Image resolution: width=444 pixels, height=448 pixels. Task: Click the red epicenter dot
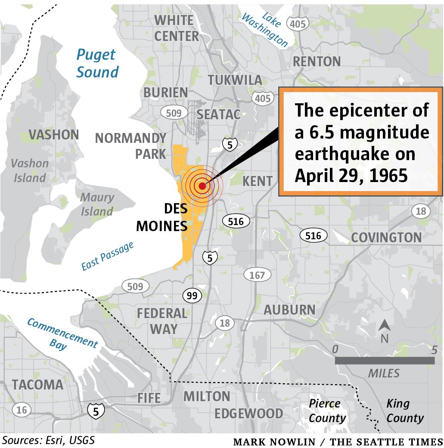tap(202, 186)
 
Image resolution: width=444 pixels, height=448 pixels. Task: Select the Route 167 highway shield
tap(257, 275)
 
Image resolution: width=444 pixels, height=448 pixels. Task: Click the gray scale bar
tap(385, 361)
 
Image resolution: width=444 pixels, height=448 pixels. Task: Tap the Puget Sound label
tap(97, 63)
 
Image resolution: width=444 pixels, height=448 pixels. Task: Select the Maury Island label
tap(97, 204)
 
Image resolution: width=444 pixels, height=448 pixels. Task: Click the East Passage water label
tap(108, 256)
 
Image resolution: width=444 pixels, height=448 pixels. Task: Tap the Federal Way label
tap(162, 321)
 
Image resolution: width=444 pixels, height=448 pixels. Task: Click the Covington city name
tap(386, 238)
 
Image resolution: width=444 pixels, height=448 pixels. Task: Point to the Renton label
tap(317, 62)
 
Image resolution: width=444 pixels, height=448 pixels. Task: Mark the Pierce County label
tap(327, 411)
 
